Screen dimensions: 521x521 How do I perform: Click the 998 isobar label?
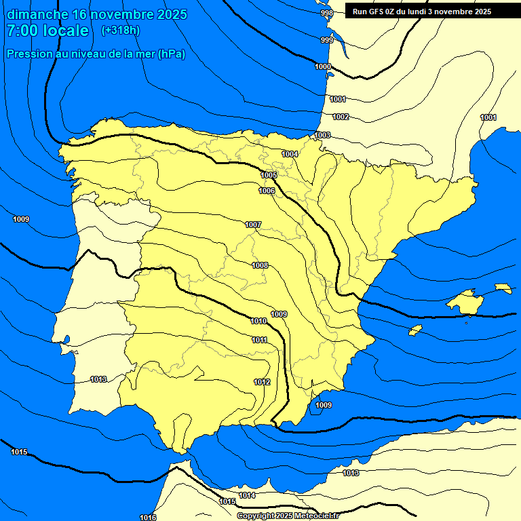(327, 14)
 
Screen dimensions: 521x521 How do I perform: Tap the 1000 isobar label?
(323, 66)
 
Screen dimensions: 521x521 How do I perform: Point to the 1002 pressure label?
(341, 117)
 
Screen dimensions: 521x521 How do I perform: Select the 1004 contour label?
(290, 155)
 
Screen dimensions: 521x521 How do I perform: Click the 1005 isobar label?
(269, 176)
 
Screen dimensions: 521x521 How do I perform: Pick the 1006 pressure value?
(267, 191)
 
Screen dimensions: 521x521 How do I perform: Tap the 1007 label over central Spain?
(253, 225)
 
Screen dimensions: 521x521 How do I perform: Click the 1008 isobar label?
(260, 265)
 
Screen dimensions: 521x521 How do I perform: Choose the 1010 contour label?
(258, 322)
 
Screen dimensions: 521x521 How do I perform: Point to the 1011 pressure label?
(259, 341)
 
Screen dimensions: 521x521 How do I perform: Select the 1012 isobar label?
(263, 383)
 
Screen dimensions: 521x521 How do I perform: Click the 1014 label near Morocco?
(247, 496)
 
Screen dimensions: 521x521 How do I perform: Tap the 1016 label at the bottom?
(148, 518)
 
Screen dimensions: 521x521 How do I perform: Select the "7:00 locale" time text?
(47, 31)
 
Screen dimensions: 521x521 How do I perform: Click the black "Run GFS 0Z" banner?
(422, 12)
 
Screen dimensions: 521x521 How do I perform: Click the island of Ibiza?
(414, 330)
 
